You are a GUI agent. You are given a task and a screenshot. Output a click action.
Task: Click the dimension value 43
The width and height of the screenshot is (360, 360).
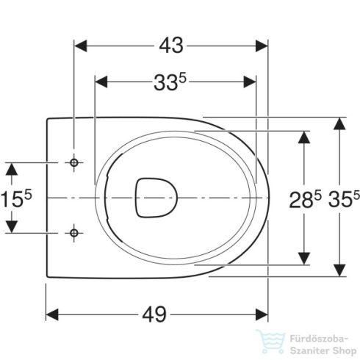point(171,46)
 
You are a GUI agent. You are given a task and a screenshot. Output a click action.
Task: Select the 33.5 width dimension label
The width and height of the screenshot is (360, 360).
point(170,82)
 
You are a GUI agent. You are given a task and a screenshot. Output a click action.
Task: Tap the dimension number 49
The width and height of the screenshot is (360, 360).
point(154,314)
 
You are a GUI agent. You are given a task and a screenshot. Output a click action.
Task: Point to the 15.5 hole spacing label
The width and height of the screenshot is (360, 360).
point(16,198)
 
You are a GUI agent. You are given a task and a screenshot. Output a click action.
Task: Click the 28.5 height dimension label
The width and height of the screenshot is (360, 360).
point(305,199)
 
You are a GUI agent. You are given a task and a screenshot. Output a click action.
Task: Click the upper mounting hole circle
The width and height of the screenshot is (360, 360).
point(74,162)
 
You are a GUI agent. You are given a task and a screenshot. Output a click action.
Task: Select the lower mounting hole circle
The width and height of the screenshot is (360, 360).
point(74,233)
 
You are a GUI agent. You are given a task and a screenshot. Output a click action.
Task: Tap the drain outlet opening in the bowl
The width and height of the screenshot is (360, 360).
point(156,198)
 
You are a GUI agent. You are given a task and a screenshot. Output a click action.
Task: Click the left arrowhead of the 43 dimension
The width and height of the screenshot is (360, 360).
point(80,46)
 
